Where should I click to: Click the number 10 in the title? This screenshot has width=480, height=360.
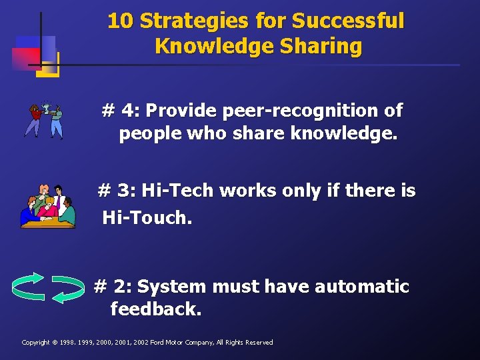click(x=121, y=21)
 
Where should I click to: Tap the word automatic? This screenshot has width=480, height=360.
click(x=361, y=287)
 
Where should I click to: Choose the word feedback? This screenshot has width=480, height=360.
click(x=155, y=309)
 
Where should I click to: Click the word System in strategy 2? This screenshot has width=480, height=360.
click(x=169, y=287)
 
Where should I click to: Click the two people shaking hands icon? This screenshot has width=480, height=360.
click(x=44, y=119)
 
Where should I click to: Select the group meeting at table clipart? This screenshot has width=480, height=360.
click(x=48, y=207)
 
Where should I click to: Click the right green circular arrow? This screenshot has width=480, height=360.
click(x=68, y=288)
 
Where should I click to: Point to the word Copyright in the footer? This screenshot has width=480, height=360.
click(x=36, y=343)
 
